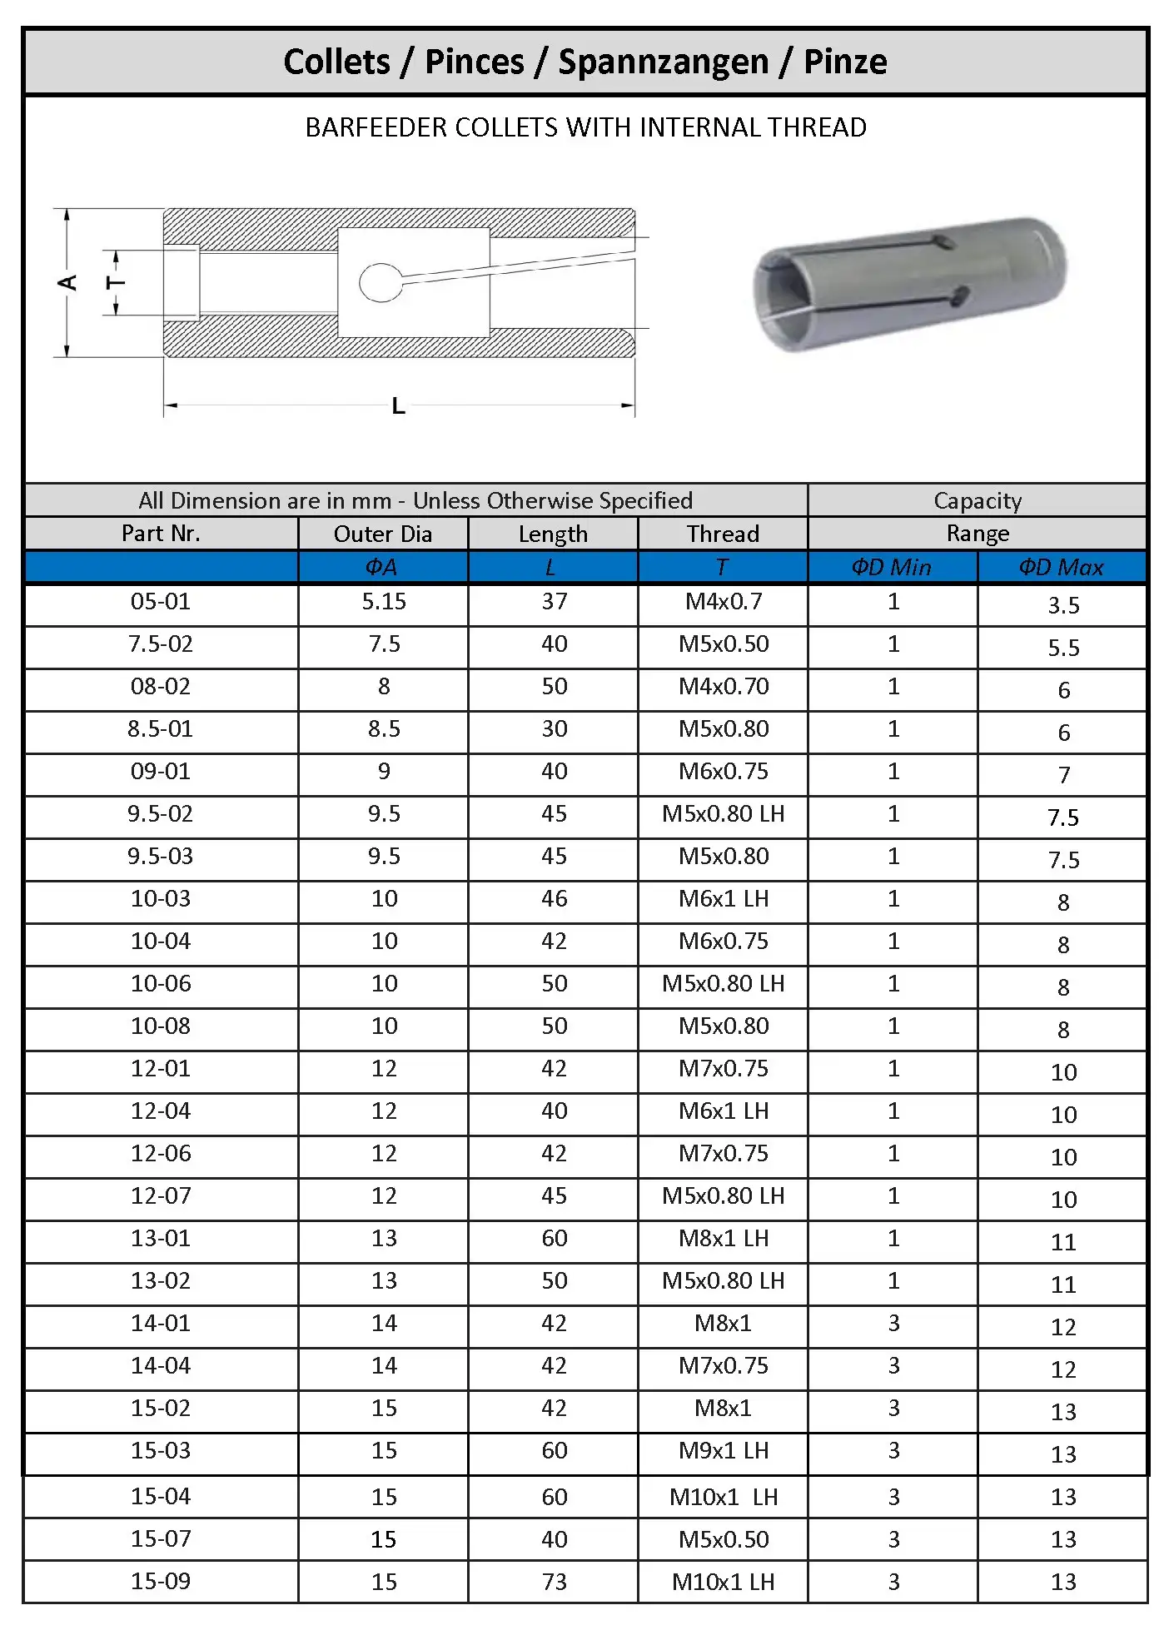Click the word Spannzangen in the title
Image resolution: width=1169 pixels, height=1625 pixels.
(x=663, y=62)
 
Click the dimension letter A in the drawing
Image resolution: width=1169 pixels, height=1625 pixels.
(x=67, y=283)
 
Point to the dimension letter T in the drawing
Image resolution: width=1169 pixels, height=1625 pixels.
(x=116, y=283)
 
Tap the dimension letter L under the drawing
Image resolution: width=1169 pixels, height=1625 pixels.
(x=399, y=406)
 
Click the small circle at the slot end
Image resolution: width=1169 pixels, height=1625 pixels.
(x=381, y=283)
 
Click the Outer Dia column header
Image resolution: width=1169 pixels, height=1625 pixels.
(x=383, y=534)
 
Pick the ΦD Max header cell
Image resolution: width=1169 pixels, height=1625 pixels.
(x=1062, y=567)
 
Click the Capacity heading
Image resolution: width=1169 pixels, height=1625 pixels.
(x=977, y=500)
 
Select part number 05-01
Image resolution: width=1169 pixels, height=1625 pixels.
(x=161, y=602)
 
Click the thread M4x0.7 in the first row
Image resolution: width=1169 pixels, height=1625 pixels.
(x=723, y=602)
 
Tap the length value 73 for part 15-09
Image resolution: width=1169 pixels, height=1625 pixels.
(x=554, y=1582)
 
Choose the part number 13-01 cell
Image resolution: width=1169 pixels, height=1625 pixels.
(x=161, y=1239)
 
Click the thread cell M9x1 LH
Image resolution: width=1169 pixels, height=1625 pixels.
(x=723, y=1451)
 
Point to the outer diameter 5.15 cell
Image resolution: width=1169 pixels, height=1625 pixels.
(x=384, y=602)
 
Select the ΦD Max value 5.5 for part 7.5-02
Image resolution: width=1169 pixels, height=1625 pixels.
(x=1063, y=648)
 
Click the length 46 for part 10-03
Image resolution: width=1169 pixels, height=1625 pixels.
(x=554, y=899)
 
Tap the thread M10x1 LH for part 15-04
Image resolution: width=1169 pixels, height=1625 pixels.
(x=723, y=1497)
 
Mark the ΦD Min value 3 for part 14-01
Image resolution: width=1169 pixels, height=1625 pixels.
(x=893, y=1324)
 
